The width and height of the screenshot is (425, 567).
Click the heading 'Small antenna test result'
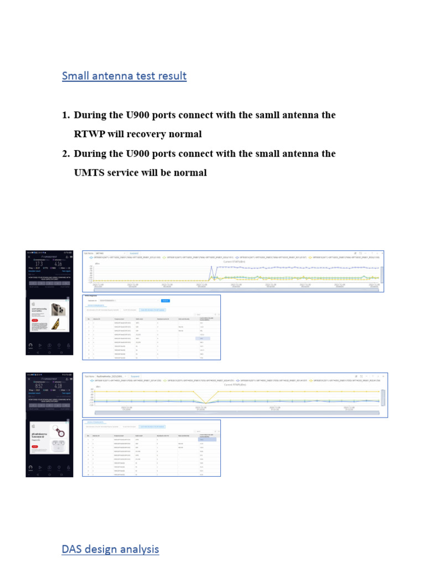click(124, 76)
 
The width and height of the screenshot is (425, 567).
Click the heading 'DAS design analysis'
click(110, 549)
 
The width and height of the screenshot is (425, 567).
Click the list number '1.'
click(66, 115)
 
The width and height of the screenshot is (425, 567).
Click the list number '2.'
click(66, 153)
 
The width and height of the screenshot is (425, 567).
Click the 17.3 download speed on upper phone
click(39, 263)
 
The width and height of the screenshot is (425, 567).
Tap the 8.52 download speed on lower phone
click(39, 385)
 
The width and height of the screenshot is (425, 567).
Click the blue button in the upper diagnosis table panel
click(164, 300)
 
